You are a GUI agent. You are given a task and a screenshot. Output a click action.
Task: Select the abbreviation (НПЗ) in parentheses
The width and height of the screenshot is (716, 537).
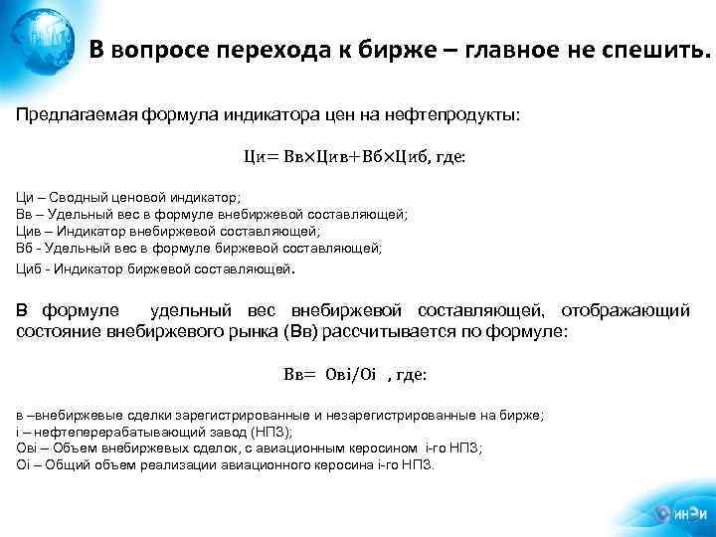(x=270, y=431)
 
